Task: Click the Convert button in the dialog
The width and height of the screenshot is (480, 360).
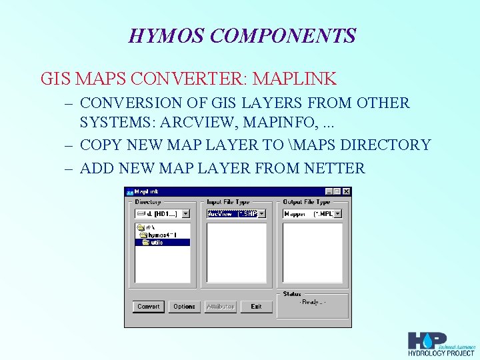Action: pos(148,307)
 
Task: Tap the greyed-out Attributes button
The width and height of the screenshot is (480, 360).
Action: pos(220,307)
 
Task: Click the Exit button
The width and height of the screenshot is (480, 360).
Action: pos(257,307)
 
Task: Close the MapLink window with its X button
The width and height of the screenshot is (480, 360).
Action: pos(347,191)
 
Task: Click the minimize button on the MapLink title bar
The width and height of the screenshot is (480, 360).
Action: pos(328,191)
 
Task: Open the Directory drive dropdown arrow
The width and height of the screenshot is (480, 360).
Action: pos(185,214)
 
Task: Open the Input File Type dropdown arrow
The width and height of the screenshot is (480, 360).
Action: pos(262,214)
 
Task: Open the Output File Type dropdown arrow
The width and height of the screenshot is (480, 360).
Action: pos(338,214)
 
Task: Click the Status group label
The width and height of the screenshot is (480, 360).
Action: pos(292,294)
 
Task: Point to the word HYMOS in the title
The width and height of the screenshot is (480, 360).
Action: pos(158,35)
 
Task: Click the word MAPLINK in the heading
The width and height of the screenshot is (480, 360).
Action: pos(295,79)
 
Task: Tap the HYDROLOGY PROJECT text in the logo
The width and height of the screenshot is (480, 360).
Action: pos(441,353)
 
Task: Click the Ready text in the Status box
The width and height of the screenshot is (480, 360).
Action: pos(312,303)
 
